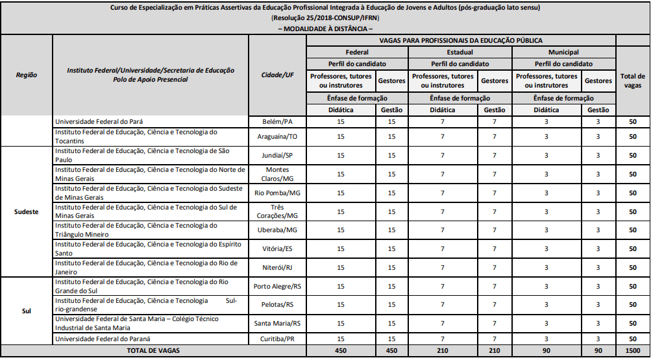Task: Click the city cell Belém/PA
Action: click(277, 121)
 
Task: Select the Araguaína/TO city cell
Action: click(277, 137)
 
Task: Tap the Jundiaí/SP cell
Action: click(277, 156)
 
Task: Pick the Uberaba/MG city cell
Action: click(277, 230)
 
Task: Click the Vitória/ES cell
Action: click(277, 249)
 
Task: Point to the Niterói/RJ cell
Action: click(277, 268)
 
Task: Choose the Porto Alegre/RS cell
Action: click(277, 286)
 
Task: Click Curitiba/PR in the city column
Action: click(277, 339)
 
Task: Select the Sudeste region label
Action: click(27, 212)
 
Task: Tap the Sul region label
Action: click(27, 311)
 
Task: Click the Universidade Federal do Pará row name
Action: click(99, 121)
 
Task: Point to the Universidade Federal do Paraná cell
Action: click(103, 339)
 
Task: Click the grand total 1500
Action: click(632, 350)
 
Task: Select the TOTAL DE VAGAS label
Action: click(154, 350)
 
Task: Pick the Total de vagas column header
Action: click(632, 80)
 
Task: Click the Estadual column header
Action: click(460, 52)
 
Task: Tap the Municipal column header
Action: click(563, 52)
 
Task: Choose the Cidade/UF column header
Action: click(277, 75)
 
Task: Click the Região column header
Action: click(27, 75)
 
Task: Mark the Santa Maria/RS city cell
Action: click(277, 323)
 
